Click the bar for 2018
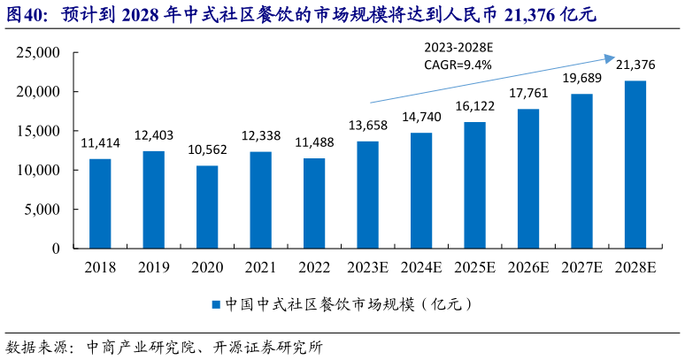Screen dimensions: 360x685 100,203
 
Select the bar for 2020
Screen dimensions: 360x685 207,207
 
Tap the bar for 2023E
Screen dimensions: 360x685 368,195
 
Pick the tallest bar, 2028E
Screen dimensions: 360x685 635,165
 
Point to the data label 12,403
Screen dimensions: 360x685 154,135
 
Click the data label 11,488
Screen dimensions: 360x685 314,142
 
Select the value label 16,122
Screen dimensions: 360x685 475,106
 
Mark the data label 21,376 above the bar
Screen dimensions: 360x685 635,65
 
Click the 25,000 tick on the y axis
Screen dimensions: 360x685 38,53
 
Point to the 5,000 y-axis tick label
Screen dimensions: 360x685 42,210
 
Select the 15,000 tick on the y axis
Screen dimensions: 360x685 38,131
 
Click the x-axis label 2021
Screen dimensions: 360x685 260,266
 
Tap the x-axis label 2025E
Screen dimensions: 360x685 475,266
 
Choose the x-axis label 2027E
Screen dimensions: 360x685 582,266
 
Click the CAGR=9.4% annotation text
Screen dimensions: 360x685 458,64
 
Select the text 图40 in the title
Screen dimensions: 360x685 22,14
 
